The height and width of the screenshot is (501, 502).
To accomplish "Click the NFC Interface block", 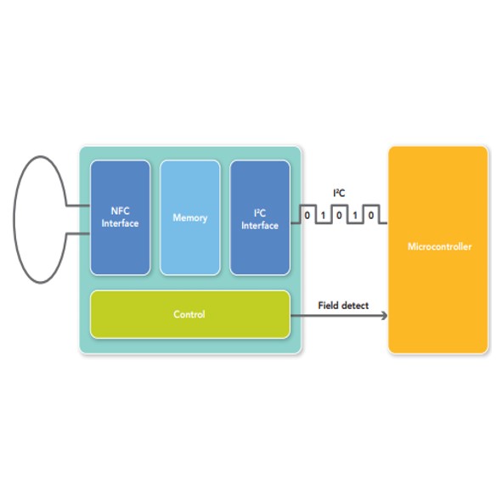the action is (x=120, y=217).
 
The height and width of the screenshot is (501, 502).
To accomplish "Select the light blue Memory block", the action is (x=190, y=217).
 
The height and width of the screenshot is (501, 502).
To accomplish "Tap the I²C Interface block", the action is (x=260, y=217).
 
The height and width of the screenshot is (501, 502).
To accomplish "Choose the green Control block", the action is (x=190, y=314).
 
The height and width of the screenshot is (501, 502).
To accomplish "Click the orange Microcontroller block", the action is (x=438, y=250).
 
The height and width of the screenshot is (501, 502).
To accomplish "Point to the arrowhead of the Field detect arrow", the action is (x=384, y=316).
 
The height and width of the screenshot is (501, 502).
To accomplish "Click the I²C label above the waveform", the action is (x=339, y=193).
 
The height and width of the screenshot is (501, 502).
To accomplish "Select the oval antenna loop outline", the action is (x=14, y=219).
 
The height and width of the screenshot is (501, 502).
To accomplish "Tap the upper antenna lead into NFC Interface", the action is (x=78, y=205).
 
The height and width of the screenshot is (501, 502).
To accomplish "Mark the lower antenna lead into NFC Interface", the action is (x=78, y=234).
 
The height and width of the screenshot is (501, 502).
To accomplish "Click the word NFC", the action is (x=120, y=211).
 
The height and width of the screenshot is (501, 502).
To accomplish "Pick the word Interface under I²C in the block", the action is (x=260, y=225).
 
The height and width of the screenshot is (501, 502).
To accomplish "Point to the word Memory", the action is (x=190, y=217).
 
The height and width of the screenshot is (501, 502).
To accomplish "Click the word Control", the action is (x=189, y=314).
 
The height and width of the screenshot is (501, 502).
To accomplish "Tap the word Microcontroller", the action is (x=440, y=246).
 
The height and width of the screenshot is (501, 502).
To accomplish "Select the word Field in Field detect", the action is (x=327, y=306).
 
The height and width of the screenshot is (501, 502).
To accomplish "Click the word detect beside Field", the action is (x=354, y=306).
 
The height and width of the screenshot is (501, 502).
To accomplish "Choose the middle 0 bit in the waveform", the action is (x=339, y=215).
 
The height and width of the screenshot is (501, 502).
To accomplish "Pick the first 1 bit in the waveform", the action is (x=323, y=215).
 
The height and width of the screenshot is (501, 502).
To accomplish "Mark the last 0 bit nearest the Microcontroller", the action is (x=370, y=215).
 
